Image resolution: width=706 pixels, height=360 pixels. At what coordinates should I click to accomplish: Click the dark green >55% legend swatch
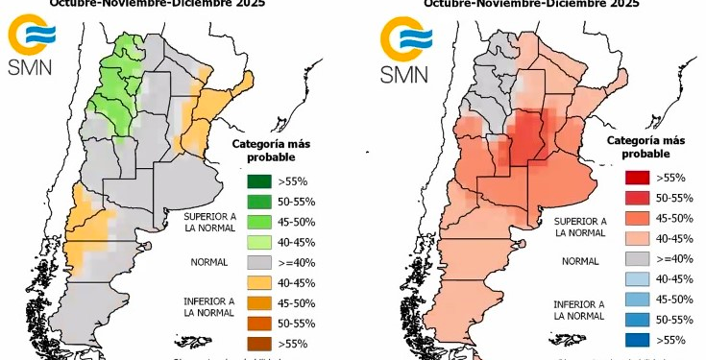[x=256, y=179]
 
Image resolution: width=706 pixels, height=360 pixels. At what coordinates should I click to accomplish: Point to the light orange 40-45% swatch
[x=256, y=282]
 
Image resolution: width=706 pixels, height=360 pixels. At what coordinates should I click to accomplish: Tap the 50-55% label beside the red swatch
[x=673, y=198]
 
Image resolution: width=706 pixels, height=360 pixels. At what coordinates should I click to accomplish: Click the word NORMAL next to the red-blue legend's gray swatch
[x=579, y=260]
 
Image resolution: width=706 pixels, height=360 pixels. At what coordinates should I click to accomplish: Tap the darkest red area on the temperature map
[x=523, y=134]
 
